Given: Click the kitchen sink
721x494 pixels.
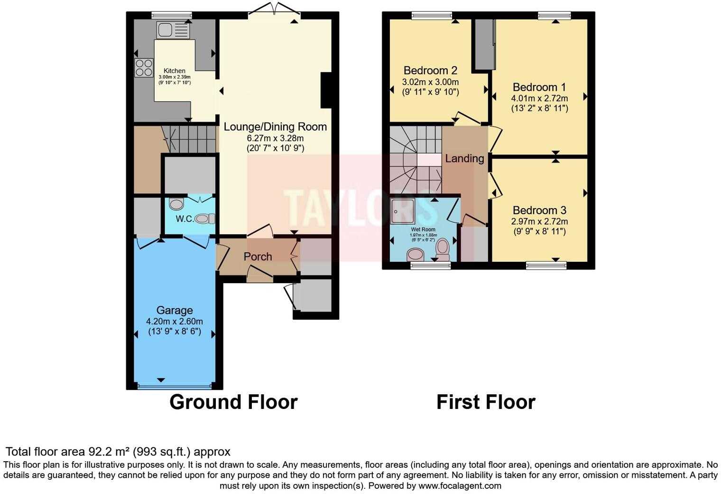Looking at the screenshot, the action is (173, 30).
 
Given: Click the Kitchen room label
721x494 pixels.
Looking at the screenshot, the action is (175, 71).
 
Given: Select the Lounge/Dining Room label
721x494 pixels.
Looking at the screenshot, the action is (275, 127).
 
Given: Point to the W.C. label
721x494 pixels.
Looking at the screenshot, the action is (185, 219).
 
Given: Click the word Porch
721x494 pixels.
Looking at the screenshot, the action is (258, 256).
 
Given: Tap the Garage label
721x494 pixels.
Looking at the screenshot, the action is (175, 310).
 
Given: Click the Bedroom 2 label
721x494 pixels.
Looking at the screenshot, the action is (430, 70).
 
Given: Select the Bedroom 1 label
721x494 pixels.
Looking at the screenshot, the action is (539, 87).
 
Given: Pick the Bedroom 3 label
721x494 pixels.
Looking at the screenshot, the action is (539, 210).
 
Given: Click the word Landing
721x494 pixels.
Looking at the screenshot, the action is (464, 159).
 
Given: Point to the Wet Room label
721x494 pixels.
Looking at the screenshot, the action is (423, 229).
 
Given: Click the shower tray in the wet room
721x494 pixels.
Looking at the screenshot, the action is (403, 211).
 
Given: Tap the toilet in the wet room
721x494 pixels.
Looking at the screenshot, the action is (443, 249).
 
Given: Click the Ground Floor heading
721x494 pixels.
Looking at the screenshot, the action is (233, 402).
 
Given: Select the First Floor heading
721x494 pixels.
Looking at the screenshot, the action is (486, 402).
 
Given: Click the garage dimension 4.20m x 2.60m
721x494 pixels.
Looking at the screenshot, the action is (175, 321).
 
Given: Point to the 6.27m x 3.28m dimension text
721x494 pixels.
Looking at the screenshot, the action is (275, 138).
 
